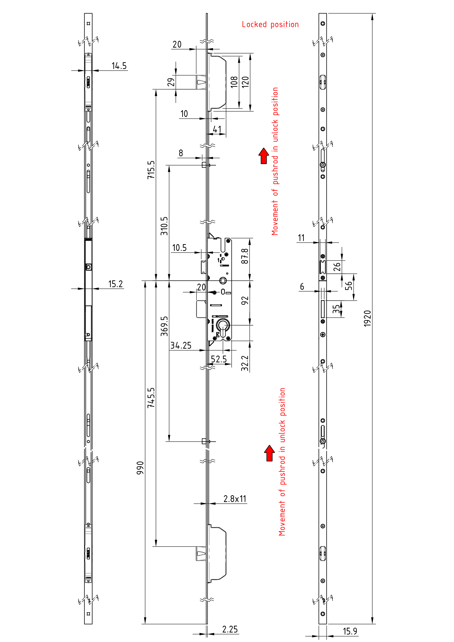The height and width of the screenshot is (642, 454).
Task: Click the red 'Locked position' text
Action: tap(270, 25)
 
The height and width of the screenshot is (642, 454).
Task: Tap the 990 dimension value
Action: tap(140, 468)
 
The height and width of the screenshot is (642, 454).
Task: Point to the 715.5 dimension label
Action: tap(151, 170)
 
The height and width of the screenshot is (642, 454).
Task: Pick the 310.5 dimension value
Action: tap(164, 226)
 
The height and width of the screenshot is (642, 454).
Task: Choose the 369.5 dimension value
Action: tap(164, 326)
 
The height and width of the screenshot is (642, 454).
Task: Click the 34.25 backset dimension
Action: tap(181, 346)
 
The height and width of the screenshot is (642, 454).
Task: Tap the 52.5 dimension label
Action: tap(218, 359)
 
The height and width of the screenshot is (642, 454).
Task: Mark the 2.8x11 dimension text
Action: tap(235, 499)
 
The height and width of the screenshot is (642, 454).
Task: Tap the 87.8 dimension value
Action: tap(245, 256)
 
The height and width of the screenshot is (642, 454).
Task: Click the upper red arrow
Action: tap(264, 156)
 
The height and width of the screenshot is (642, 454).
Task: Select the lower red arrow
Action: tap(269, 453)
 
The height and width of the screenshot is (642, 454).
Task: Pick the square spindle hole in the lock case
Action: tap(223, 280)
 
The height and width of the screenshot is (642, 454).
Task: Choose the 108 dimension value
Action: tap(234, 82)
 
